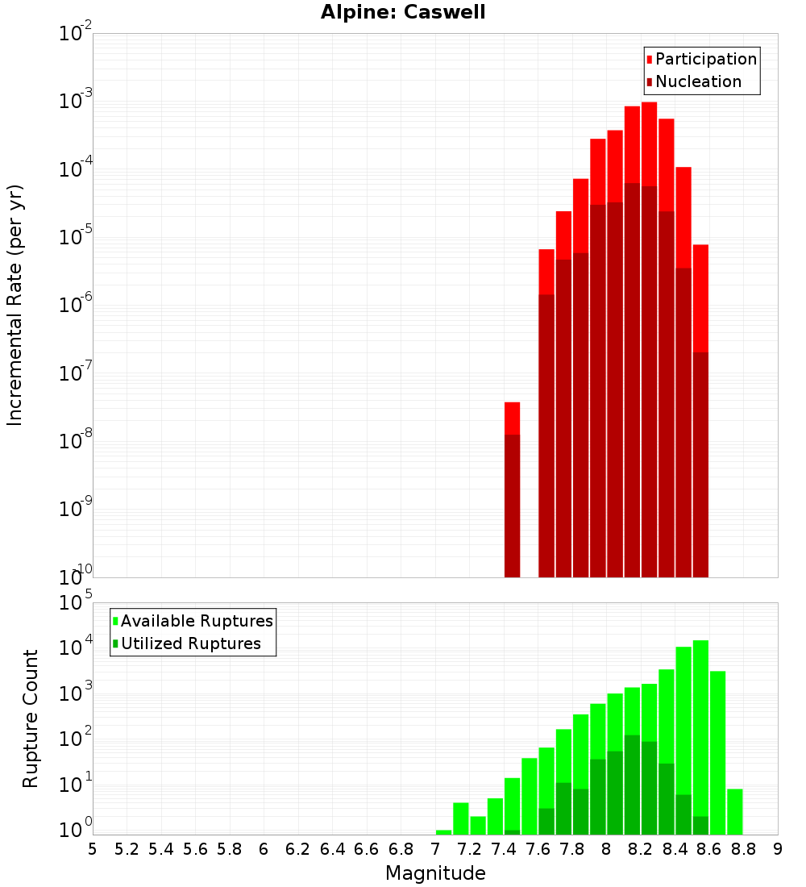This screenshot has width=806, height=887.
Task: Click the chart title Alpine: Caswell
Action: [x=403, y=13]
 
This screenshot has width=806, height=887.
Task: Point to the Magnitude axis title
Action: [x=435, y=873]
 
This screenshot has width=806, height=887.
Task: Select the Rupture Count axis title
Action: [x=31, y=718]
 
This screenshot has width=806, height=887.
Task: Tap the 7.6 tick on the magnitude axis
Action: [x=538, y=848]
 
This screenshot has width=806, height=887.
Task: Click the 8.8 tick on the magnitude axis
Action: [x=743, y=848]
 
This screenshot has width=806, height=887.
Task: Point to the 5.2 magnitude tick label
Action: [x=127, y=848]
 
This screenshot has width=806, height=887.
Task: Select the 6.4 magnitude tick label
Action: [x=332, y=848]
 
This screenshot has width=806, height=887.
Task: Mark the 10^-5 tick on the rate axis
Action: [x=77, y=237]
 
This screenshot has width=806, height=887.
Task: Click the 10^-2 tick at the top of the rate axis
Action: [x=76, y=34]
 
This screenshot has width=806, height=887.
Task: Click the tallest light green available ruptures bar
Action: [x=700, y=726]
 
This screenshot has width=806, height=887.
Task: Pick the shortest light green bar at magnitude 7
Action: [x=443, y=832]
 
